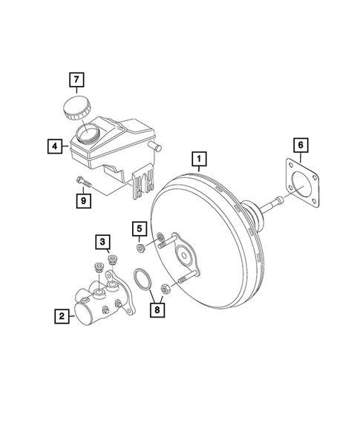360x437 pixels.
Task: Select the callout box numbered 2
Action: (61, 317)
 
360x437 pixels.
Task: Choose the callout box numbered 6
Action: (300, 145)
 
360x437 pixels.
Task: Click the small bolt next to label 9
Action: (82, 180)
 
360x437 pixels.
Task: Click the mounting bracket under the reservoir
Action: (141, 185)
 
